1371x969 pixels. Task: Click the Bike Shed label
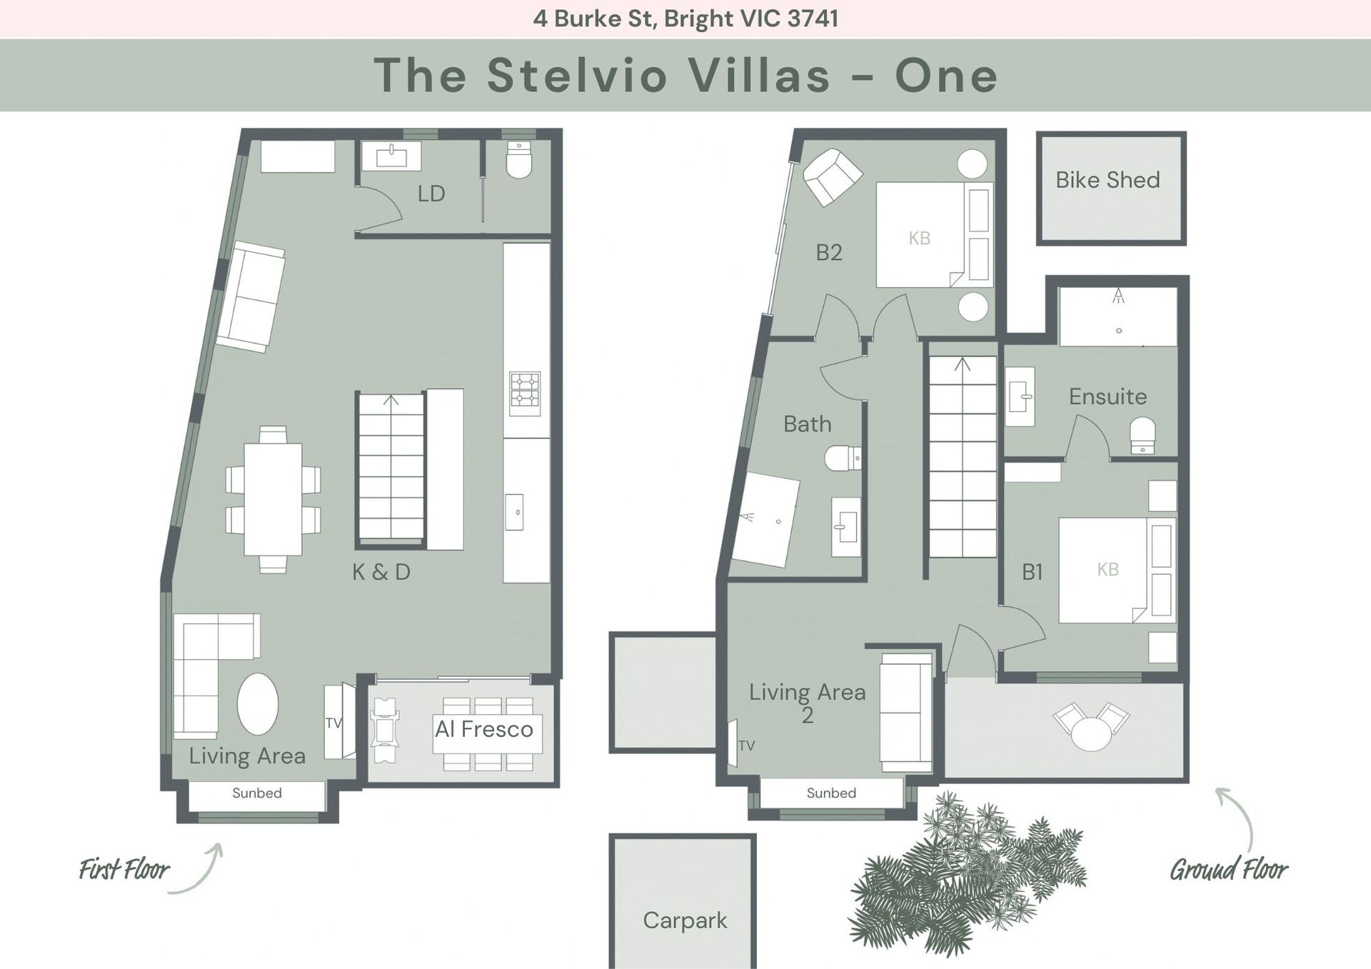pyautogui.click(x=1108, y=180)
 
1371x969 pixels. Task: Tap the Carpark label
pyautogui.click(x=685, y=920)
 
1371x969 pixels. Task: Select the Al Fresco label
pyautogui.click(x=484, y=729)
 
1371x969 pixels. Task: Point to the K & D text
pyautogui.click(x=381, y=572)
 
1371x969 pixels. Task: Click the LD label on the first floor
pyautogui.click(x=431, y=194)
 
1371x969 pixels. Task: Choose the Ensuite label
pyautogui.click(x=1108, y=396)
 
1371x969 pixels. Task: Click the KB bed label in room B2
pyautogui.click(x=919, y=239)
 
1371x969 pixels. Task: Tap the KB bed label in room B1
pyautogui.click(x=1108, y=569)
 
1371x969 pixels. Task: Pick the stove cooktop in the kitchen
pyautogui.click(x=524, y=393)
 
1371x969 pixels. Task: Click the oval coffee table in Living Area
pyautogui.click(x=258, y=704)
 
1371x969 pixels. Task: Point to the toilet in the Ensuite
pyautogui.click(x=1142, y=436)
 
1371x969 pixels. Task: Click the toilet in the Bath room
pyautogui.click(x=843, y=458)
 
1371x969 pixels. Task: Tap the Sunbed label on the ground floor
pyautogui.click(x=831, y=793)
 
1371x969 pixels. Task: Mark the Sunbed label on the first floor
pyautogui.click(x=257, y=793)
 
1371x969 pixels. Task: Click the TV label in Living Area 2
pyautogui.click(x=746, y=745)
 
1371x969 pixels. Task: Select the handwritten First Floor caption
pyautogui.click(x=124, y=870)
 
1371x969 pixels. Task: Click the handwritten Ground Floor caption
pyautogui.click(x=1228, y=870)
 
